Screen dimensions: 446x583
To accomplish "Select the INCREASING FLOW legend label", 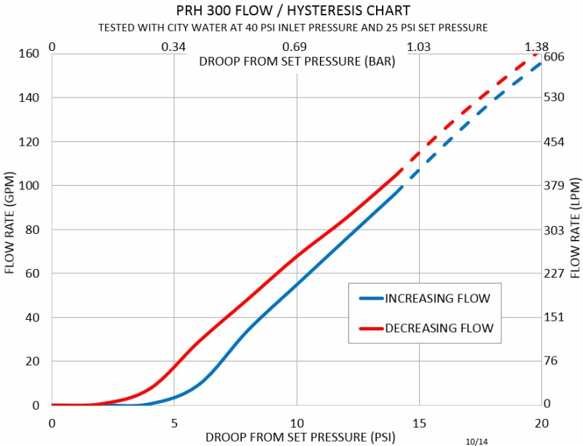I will click(437, 298).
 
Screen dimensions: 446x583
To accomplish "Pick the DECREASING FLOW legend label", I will click(439, 329).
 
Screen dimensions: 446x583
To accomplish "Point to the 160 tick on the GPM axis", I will click(28, 53).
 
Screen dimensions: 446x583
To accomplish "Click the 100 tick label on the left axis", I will click(28, 186).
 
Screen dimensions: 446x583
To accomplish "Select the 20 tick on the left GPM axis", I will click(32, 361).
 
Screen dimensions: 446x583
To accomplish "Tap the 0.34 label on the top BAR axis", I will click(173, 47).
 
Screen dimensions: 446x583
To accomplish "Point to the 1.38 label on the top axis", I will click(536, 47).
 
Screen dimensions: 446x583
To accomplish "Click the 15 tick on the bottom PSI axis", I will click(418, 423).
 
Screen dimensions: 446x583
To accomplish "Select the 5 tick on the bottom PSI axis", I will click(173, 423).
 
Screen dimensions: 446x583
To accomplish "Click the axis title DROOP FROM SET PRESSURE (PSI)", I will click(295, 437).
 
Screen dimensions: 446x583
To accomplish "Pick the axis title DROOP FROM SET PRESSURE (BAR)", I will click(297, 62).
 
